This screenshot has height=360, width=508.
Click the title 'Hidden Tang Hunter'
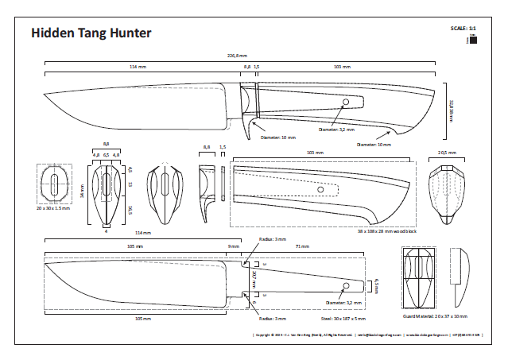point(90,33)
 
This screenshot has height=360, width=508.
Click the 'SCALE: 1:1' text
point(463,29)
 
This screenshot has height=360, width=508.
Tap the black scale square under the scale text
point(472,41)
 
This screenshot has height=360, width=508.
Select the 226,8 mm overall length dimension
point(237,55)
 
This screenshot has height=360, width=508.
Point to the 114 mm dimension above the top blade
point(138,68)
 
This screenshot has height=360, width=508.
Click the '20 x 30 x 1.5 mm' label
point(54,208)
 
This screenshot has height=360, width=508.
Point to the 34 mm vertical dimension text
point(81,191)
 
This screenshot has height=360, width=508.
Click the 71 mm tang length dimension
point(302,247)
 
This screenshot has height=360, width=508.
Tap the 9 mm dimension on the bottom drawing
point(233,247)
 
